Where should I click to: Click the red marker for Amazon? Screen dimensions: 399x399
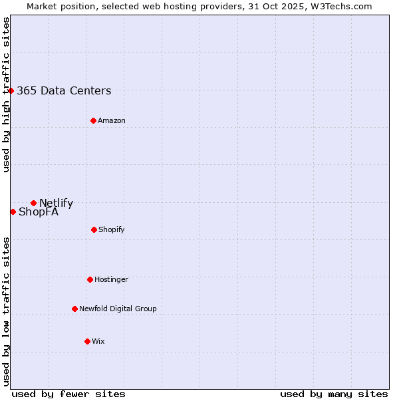pos(93,120)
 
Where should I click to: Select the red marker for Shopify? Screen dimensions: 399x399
pos(94,229)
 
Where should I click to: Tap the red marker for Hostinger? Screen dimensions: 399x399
pos(90,279)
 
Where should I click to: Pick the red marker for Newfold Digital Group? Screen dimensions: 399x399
pos(74,309)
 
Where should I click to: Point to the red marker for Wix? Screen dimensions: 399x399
pos(87,341)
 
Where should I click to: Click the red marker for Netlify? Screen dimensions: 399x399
pos(33,203)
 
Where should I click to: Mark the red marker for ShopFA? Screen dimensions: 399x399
pos(13,211)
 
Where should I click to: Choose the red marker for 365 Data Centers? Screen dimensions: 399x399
pos(11,90)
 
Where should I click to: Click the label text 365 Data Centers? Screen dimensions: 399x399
pos(64,91)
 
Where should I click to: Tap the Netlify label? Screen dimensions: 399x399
pos(56,203)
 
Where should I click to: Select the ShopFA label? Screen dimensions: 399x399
pos(39,212)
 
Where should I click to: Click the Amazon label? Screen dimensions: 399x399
pos(112,120)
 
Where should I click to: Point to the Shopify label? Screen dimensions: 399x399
pos(112,229)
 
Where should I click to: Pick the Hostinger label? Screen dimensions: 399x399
pos(111,279)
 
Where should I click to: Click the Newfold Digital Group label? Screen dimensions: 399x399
pos(118,309)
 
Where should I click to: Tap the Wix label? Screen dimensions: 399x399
pos(98,341)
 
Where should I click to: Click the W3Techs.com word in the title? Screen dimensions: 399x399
pos(339,6)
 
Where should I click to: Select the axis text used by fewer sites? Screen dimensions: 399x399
pos(68,394)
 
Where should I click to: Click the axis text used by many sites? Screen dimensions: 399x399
pos(334,394)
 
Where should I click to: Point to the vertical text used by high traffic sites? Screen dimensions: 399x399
pos(6,94)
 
